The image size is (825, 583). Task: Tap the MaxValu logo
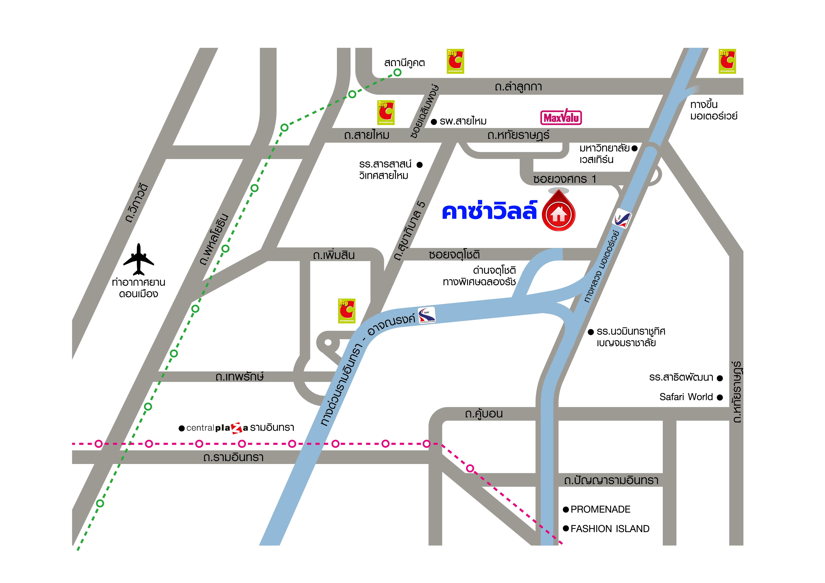(x=561, y=117)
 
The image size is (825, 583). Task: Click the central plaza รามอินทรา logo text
(x=240, y=428)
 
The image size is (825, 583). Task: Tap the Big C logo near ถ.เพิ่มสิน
(x=347, y=310)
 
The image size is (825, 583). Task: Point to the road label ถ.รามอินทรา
(x=233, y=457)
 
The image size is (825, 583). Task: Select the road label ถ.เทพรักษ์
(x=240, y=377)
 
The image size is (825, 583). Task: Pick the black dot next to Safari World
(x=720, y=397)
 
